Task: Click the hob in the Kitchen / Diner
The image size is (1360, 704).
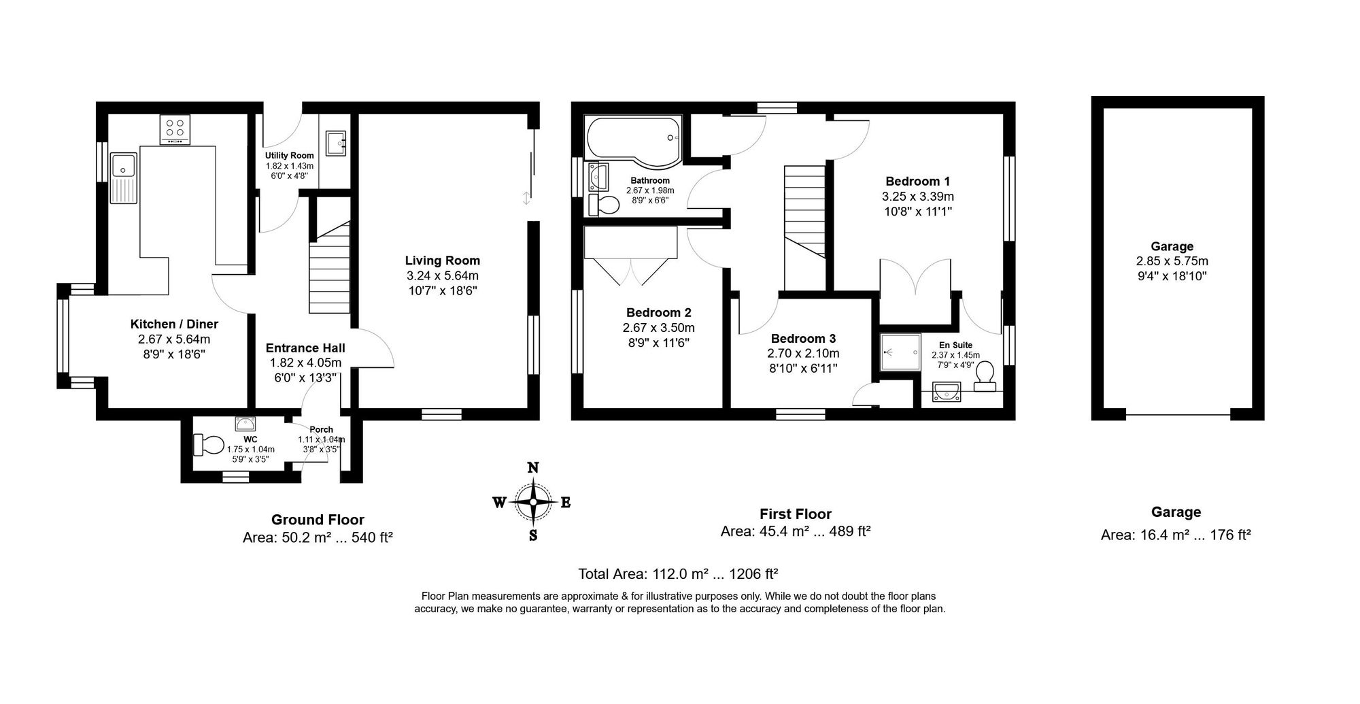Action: tap(175, 129)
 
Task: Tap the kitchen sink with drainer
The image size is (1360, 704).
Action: tap(124, 177)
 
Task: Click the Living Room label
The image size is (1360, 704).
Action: tap(443, 261)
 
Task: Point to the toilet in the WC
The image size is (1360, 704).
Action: tap(208, 446)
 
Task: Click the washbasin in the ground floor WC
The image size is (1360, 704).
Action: tap(245, 424)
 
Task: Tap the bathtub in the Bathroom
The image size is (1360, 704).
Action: tap(633, 141)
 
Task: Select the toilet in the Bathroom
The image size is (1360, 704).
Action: tap(603, 205)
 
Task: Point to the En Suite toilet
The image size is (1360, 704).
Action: tap(985, 375)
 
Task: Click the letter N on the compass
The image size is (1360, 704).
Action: tap(534, 467)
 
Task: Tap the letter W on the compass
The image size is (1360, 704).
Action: tap(498, 503)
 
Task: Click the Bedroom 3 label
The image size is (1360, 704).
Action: tap(803, 339)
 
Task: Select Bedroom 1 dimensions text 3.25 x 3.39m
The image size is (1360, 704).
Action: tap(917, 197)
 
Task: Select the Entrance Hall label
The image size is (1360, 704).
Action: tap(305, 348)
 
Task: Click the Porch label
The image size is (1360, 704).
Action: tap(321, 430)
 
